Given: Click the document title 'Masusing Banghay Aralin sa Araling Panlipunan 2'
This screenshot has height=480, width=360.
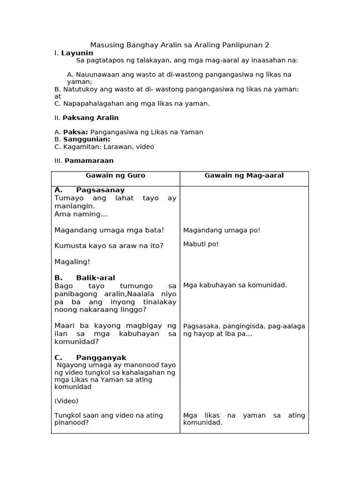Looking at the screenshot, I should [x=180, y=45].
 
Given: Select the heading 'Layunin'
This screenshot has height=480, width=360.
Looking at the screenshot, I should [x=77, y=53].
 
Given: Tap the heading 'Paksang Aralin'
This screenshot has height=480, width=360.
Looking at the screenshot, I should [x=90, y=118].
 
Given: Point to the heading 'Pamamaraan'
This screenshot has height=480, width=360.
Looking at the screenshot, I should [x=89, y=161].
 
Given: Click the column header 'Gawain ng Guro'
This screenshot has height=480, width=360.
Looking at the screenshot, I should [x=115, y=176].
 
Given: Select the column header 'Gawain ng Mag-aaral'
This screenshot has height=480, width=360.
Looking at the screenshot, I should [x=244, y=176].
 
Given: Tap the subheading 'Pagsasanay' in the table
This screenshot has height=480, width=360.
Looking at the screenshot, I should [x=100, y=190].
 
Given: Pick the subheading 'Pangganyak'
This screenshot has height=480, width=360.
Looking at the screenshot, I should [x=101, y=358].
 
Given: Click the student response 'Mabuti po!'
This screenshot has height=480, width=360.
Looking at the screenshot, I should [x=201, y=244].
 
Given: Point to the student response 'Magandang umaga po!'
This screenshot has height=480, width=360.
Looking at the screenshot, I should [x=221, y=230].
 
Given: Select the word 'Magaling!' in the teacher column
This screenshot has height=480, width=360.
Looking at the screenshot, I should [x=72, y=262].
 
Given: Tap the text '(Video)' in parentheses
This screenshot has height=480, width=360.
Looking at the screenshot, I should [x=67, y=401].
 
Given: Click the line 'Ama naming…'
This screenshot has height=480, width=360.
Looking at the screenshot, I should [x=81, y=214].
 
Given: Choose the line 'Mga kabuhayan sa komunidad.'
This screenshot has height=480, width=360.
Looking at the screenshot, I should [x=235, y=285].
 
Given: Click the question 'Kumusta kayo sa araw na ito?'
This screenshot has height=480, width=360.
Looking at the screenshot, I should [x=109, y=246].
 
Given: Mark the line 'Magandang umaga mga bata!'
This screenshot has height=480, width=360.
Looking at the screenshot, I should [x=109, y=230].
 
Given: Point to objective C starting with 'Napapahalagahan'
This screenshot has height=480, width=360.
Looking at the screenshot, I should [x=132, y=104].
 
